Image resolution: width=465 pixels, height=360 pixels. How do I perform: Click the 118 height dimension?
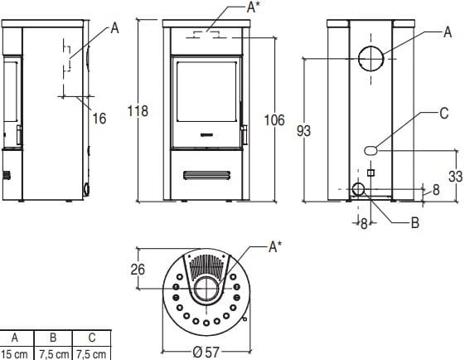(138, 111)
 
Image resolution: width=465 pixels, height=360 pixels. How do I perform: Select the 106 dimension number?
(274, 120)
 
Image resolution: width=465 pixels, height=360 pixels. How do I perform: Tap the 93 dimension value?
(303, 131)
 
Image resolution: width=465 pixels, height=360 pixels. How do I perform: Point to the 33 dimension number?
(455, 177)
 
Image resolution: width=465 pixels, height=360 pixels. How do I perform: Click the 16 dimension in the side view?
(99, 119)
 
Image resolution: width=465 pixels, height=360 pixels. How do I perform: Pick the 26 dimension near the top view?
(138, 270)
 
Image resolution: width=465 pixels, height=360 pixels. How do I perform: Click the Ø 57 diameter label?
(206, 353)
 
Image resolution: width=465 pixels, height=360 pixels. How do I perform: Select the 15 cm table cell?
(15, 354)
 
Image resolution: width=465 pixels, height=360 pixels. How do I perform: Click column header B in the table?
(53, 338)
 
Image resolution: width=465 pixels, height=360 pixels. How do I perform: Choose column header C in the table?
(92, 338)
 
